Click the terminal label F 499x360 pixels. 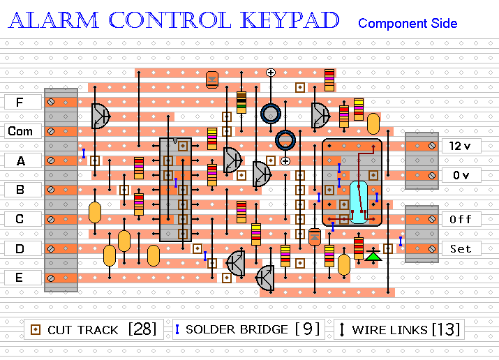(x=20, y=102)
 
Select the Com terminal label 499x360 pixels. (x=20, y=131)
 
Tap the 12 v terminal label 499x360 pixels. (x=461, y=146)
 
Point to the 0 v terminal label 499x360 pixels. (x=461, y=175)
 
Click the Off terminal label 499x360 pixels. (x=461, y=219)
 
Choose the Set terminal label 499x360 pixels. (x=461, y=248)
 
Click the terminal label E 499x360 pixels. (x=20, y=278)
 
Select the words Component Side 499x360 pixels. (x=408, y=24)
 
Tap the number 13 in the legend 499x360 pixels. (x=445, y=329)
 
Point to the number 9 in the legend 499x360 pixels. (x=307, y=329)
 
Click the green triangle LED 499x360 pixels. (x=374, y=255)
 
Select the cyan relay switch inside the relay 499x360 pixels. (x=359, y=202)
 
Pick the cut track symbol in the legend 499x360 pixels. (x=35, y=329)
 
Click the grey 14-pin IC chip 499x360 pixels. (x=175, y=189)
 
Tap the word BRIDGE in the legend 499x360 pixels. (x=262, y=329)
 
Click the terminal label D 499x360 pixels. (x=20, y=248)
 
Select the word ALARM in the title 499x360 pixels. (x=54, y=21)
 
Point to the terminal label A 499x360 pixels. (x=20, y=160)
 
